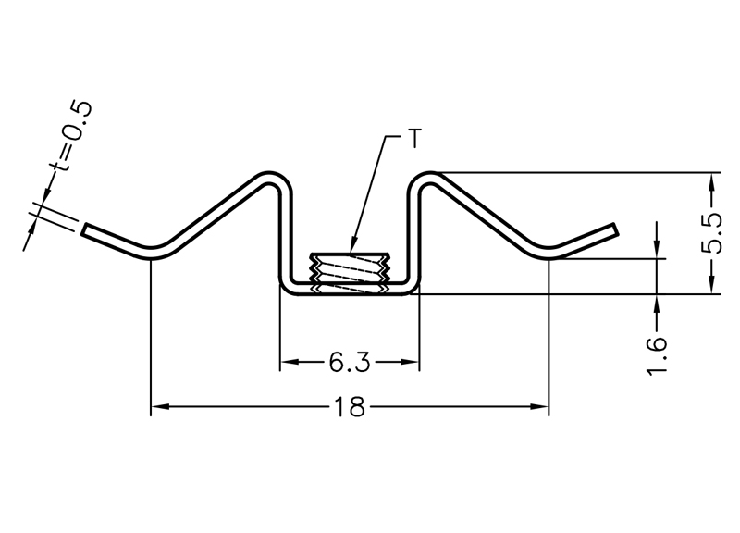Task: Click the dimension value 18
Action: coord(350,406)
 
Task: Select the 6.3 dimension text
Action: coord(350,363)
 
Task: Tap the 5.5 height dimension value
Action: coord(711,233)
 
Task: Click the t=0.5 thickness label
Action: coord(71,136)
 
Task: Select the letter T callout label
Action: coord(413,138)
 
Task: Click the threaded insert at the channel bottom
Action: coord(350,273)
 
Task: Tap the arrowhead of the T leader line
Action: coord(351,245)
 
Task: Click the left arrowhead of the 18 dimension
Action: coord(160,406)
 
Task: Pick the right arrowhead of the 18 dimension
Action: coord(539,406)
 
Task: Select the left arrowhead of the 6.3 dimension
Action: coord(290,362)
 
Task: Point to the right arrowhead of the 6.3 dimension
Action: coord(410,362)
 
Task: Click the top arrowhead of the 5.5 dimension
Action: coord(711,182)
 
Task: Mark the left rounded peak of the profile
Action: coord(271,177)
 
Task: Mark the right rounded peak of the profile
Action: coord(428,177)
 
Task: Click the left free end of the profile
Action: coord(84,229)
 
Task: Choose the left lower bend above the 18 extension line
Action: coord(151,253)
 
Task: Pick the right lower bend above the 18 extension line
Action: coord(549,253)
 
